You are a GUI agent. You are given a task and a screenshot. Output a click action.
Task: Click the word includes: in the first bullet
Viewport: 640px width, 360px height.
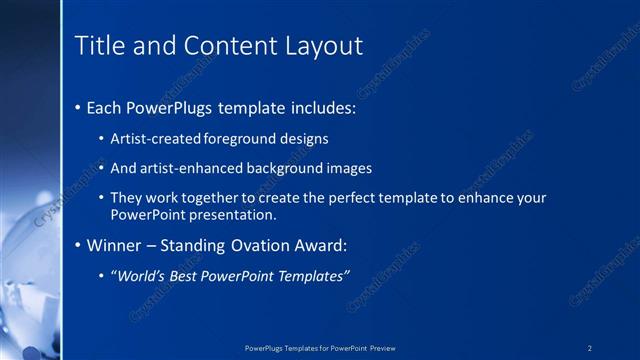click(320, 107)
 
